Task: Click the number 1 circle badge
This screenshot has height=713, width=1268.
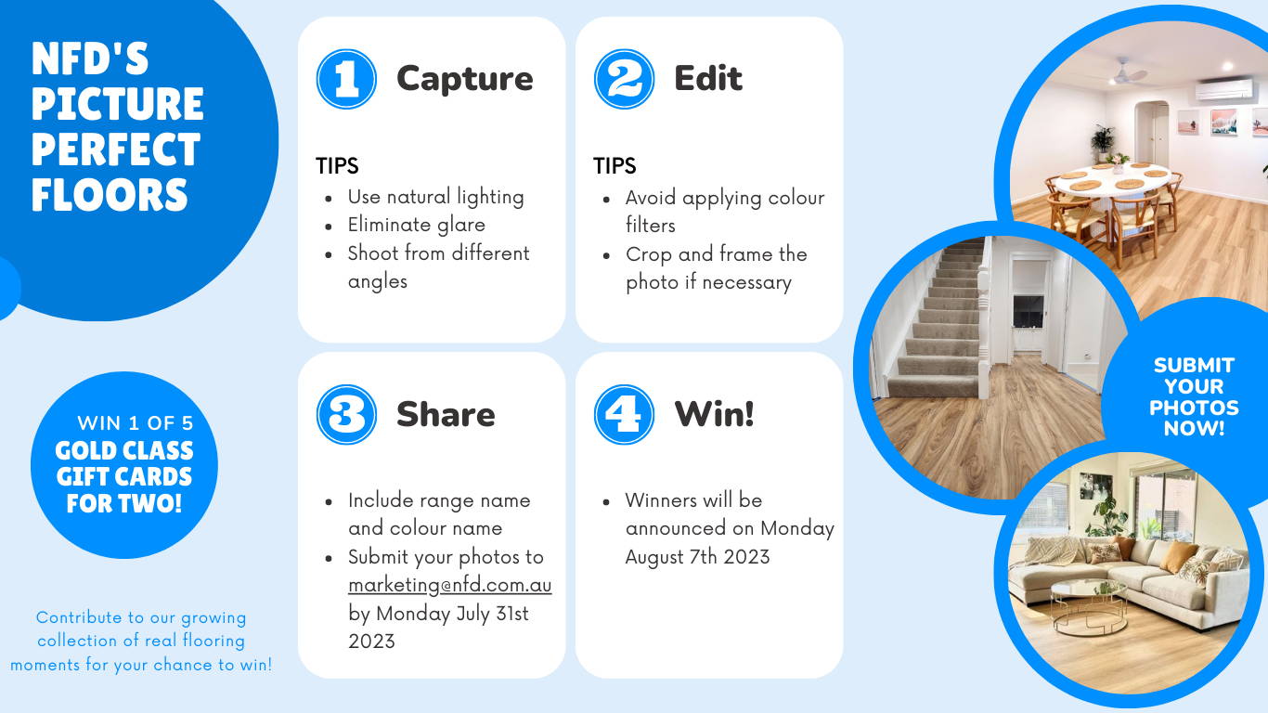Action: pos(346,79)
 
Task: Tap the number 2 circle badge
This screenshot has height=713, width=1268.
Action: pos(624,79)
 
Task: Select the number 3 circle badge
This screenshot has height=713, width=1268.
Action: pos(346,415)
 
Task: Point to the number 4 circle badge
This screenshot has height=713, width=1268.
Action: pos(624,415)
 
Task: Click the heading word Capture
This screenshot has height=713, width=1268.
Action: pos(465,79)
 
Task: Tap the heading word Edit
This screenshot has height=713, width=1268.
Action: pos(708,78)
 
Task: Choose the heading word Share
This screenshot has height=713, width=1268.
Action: pos(446,414)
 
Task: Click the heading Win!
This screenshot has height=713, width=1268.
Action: pos(715,414)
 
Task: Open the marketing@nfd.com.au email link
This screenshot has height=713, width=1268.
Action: pos(449,585)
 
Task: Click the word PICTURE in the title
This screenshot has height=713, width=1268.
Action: pos(117,104)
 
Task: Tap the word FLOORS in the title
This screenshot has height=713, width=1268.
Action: pos(110,195)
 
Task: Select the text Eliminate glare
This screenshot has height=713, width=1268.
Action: pos(416,225)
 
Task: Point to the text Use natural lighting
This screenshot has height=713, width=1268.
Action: pos(436,197)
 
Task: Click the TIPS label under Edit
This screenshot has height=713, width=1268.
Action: pos(615,166)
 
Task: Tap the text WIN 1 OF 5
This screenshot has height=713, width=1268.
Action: pos(136,423)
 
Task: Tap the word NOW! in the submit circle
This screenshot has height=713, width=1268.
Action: pos(1194,428)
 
